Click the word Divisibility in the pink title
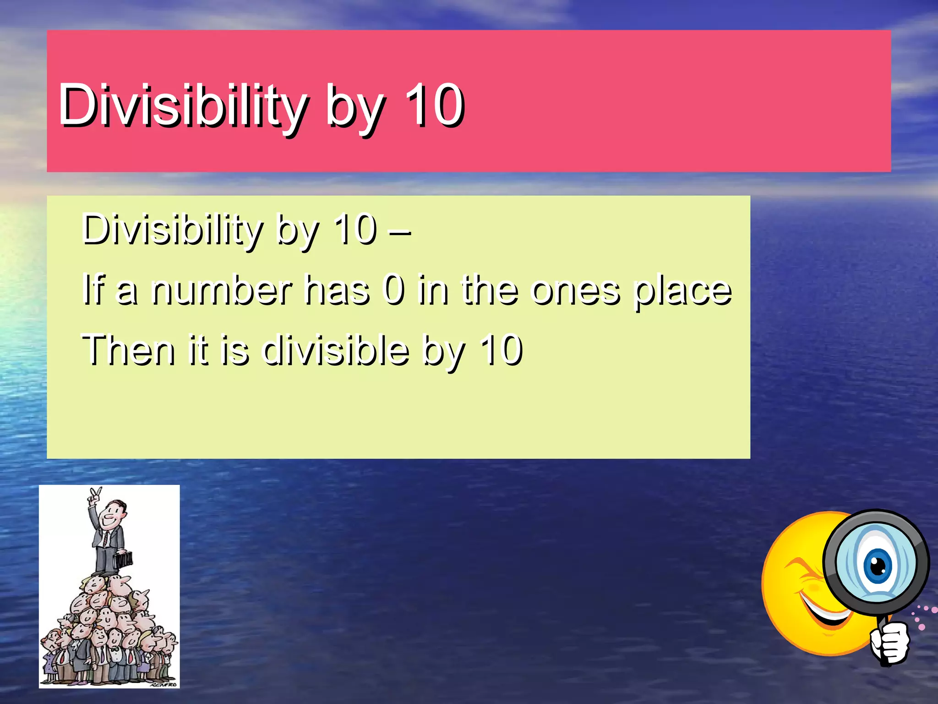pyautogui.click(x=182, y=105)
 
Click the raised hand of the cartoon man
pyautogui.click(x=95, y=495)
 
